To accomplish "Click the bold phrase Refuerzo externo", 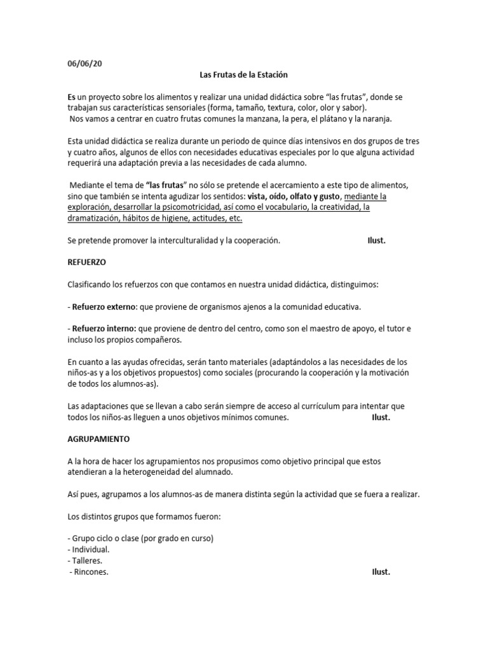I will (x=105, y=306).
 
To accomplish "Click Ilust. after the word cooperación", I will (x=377, y=240).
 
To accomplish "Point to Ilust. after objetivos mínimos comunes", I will (x=381, y=417).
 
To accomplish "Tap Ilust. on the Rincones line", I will (x=381, y=572).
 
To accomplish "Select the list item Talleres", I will (x=88, y=560).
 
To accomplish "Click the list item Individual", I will (x=90, y=549).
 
